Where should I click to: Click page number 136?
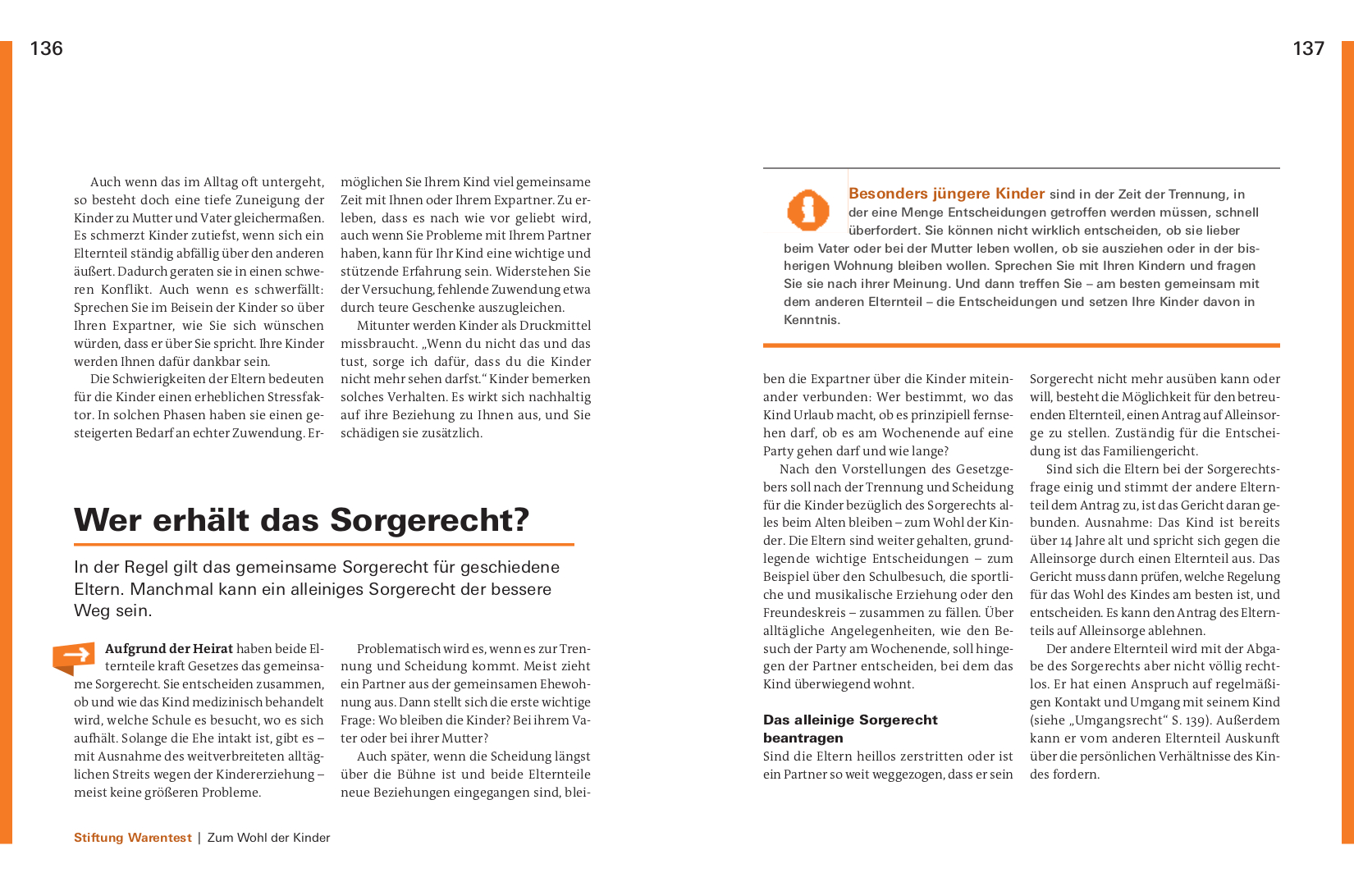tap(46, 48)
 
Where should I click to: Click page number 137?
tap(1308, 48)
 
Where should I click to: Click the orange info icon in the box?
tap(807, 209)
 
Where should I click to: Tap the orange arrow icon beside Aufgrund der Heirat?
tap(74, 656)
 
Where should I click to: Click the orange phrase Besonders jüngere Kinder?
tap(946, 194)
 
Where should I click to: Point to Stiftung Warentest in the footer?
tap(132, 838)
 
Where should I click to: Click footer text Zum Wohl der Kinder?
tap(268, 838)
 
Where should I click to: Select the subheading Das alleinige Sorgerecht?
tap(850, 720)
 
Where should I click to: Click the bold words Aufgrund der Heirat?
tap(169, 649)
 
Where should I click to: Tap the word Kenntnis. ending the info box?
tap(812, 320)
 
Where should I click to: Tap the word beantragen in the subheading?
tap(803, 738)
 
